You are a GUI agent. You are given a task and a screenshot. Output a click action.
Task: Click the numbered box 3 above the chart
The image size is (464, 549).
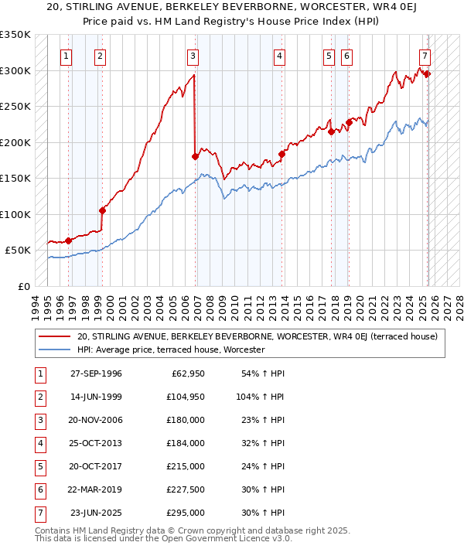click(193, 56)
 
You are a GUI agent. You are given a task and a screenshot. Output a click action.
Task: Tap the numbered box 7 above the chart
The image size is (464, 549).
click(425, 56)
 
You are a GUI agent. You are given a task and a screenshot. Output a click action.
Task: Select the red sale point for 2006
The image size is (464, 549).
click(195, 157)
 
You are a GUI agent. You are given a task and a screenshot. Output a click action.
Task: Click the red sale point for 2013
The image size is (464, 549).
click(281, 154)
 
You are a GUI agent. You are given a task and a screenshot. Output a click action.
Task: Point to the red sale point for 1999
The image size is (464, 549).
click(102, 210)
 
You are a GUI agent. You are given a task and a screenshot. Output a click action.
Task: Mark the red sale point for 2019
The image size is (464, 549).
click(349, 122)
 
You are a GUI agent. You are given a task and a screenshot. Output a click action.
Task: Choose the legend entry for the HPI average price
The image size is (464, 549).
click(170, 350)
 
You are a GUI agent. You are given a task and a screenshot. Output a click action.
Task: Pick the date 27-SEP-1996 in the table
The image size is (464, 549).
click(96, 373)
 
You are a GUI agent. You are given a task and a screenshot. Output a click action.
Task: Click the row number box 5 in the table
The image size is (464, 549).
click(39, 466)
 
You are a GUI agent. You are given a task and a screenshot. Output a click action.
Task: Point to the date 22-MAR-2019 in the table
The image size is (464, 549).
click(96, 489)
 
